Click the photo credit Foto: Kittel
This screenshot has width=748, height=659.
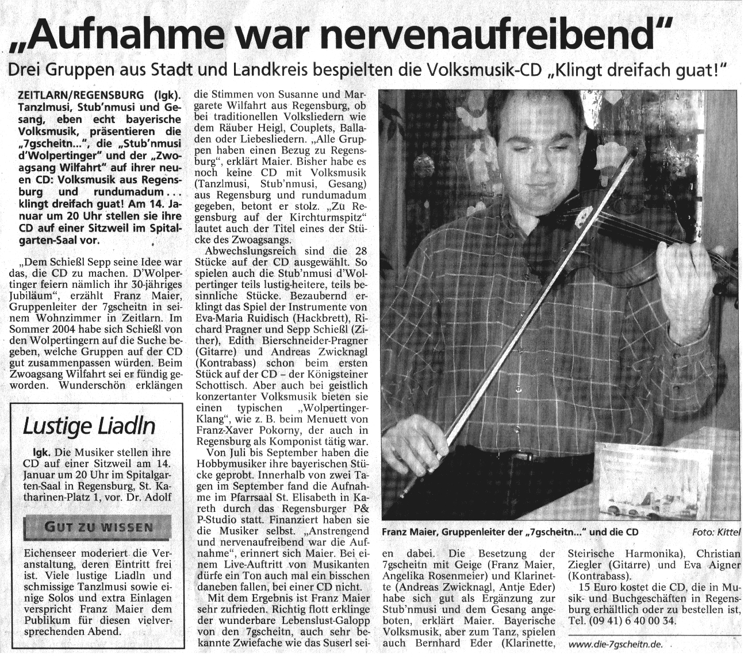(x=716, y=532)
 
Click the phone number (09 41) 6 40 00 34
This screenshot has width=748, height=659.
(x=633, y=622)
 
